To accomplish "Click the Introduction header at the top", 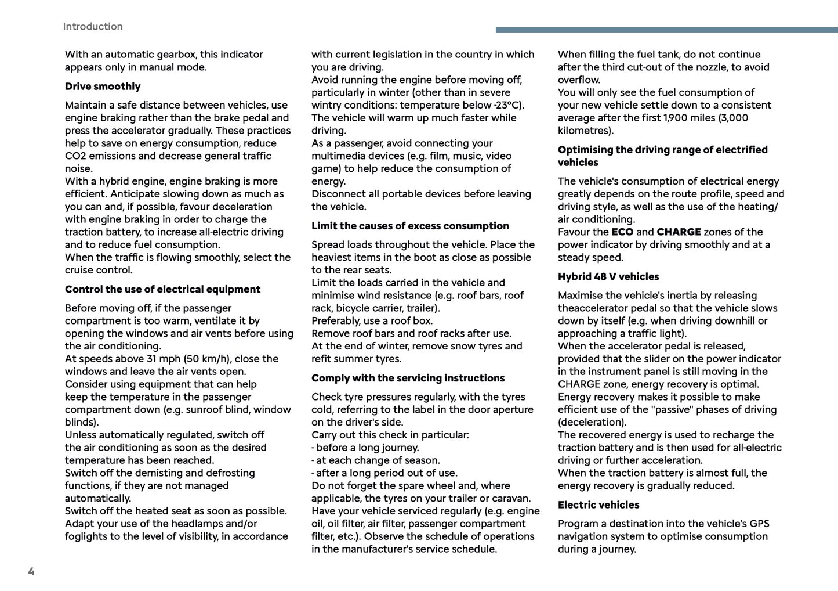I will coord(93,27).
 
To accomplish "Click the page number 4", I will coord(31,571).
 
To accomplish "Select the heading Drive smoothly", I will coord(103,87).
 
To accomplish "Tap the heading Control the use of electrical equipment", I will coord(162,289).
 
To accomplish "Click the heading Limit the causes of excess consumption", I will coord(410,226).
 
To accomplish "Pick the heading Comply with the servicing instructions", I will coord(408,378).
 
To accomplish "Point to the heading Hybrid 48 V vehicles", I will coord(608,276).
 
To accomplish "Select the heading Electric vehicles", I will coord(598,504).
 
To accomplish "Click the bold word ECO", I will coord(622,232).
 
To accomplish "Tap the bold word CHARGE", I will coord(679,232).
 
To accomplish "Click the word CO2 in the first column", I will coord(75,156).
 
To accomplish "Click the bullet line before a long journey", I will coord(365,448).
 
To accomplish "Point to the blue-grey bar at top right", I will coord(666,30).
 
